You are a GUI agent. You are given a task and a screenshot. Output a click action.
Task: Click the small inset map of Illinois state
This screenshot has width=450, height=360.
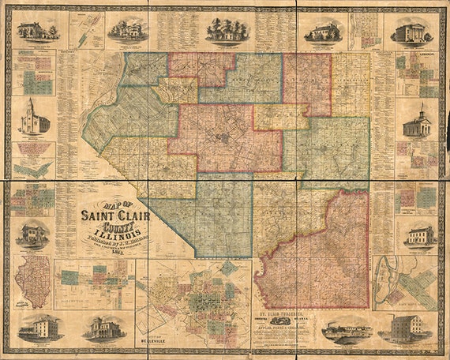pos(32,280)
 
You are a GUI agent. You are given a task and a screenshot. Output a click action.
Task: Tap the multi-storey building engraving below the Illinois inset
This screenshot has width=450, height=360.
pos(39,327)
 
